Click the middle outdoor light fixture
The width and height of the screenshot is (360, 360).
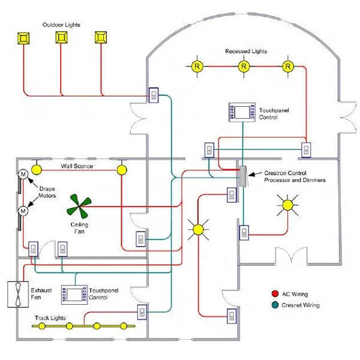(61, 37)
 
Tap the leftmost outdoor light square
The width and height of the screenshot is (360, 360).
(23, 38)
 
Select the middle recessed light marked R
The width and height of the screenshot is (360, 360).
(244, 67)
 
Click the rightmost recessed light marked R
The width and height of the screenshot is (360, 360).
(288, 67)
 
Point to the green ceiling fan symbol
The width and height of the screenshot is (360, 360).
(79, 206)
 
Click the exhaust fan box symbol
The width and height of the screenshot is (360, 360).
(18, 295)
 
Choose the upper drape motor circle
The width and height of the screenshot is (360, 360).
(23, 174)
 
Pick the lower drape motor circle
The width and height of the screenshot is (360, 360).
(23, 211)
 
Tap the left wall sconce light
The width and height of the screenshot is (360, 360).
(36, 170)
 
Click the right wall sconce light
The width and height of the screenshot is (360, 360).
(122, 170)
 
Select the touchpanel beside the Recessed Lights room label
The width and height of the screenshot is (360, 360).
(242, 112)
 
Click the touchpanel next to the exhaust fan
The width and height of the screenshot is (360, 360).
(74, 295)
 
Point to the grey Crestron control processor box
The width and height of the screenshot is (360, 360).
(242, 176)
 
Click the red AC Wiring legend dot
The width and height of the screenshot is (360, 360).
(275, 293)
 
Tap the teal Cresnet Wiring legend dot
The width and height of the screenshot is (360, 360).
(275, 305)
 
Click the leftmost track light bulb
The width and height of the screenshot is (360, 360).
(42, 326)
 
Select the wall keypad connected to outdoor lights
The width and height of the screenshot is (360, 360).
(154, 95)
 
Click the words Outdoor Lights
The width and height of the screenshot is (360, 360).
(61, 25)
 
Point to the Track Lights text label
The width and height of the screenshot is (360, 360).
(50, 318)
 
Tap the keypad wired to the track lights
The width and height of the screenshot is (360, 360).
(142, 312)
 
